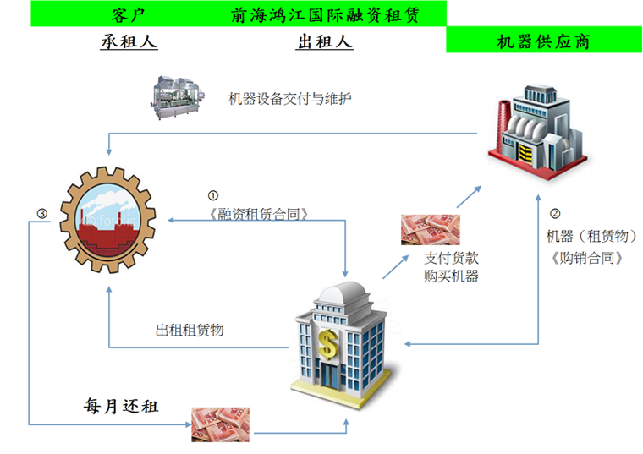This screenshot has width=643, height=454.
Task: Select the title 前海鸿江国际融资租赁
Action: tap(326, 14)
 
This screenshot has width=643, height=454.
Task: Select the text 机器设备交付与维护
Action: tap(290, 99)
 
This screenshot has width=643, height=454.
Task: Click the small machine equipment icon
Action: tap(178, 96)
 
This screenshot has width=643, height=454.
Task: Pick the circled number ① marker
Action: tap(213, 195)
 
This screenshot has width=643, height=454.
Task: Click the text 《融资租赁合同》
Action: tap(258, 214)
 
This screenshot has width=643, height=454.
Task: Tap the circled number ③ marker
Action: tap(42, 213)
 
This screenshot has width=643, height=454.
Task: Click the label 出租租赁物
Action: tap(190, 331)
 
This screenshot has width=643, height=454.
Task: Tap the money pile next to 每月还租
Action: tap(219, 423)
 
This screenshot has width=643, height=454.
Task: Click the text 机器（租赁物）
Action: tap(586, 236)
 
